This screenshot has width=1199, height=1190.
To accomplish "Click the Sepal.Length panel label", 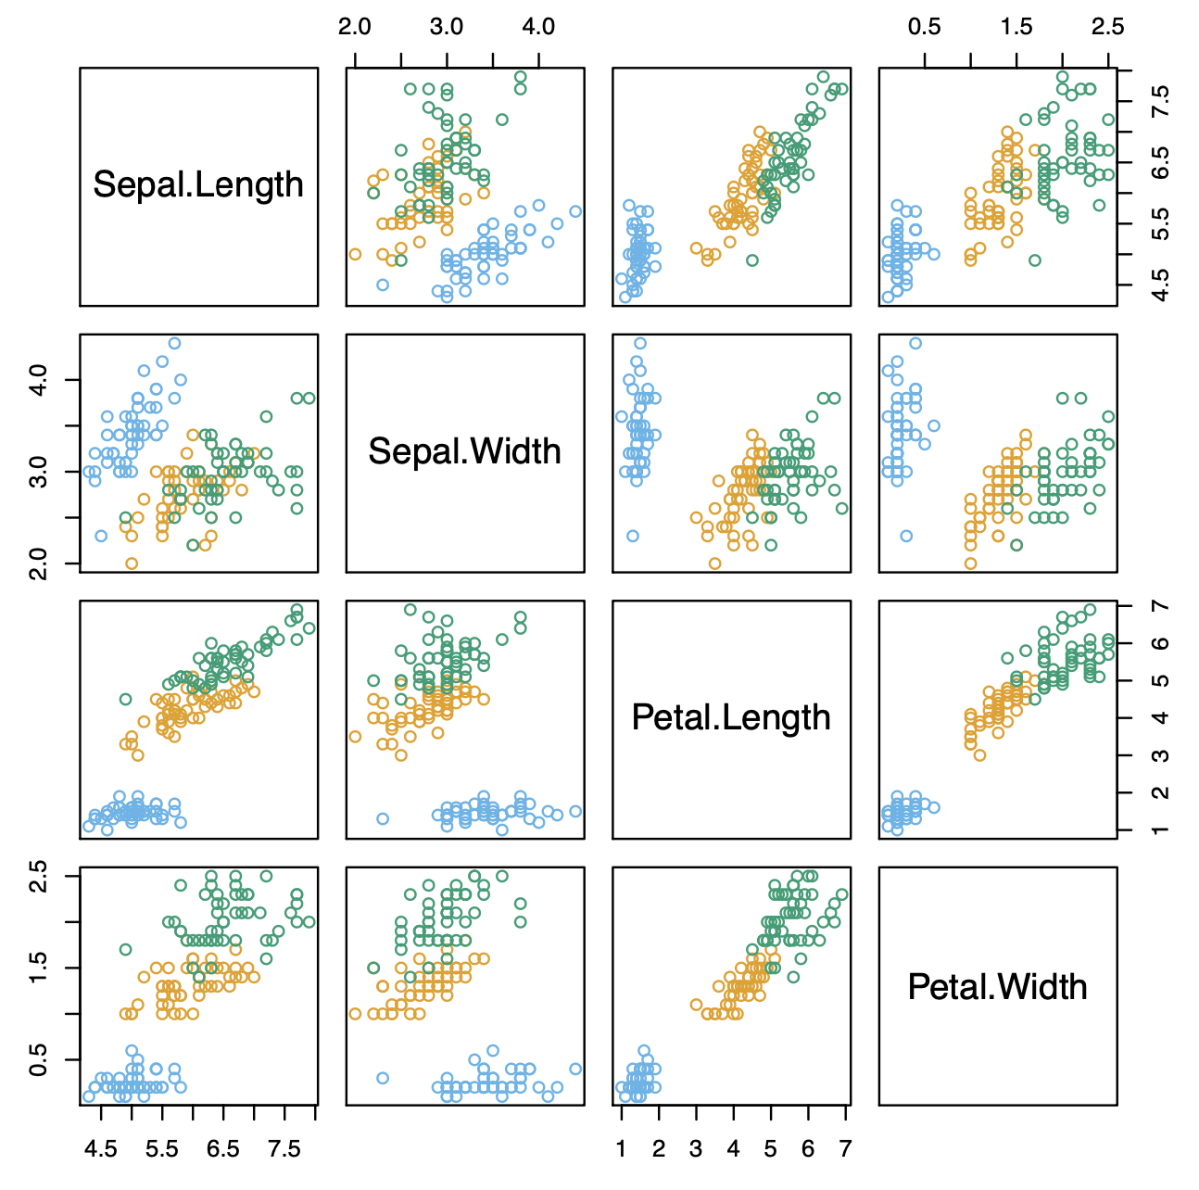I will (198, 184).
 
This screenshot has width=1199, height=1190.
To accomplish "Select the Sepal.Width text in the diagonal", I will (465, 451).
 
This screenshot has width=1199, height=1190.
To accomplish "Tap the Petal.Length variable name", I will (731, 717).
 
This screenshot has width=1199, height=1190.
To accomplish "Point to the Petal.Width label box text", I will (997, 986).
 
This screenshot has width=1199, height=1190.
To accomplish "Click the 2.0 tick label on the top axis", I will (355, 26).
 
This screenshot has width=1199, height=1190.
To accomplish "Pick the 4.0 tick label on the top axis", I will (538, 26).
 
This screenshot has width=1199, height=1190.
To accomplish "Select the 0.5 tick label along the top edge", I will (924, 26).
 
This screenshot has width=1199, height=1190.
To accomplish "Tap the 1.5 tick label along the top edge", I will (1016, 26).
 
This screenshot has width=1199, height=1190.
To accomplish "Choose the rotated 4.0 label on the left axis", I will (38, 380).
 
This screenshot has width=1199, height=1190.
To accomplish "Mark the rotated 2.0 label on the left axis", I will (38, 563).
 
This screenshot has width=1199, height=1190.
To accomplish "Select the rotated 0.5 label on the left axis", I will (38, 1059).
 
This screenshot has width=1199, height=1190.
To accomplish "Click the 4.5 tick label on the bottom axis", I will (101, 1149).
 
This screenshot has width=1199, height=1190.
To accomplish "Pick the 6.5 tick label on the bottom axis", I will (223, 1149).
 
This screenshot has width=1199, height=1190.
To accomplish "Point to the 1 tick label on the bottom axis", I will (621, 1149).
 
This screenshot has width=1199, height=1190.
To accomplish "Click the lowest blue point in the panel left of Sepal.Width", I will (101, 536).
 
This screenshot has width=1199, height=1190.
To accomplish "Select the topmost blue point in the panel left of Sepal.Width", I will (174, 343).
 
